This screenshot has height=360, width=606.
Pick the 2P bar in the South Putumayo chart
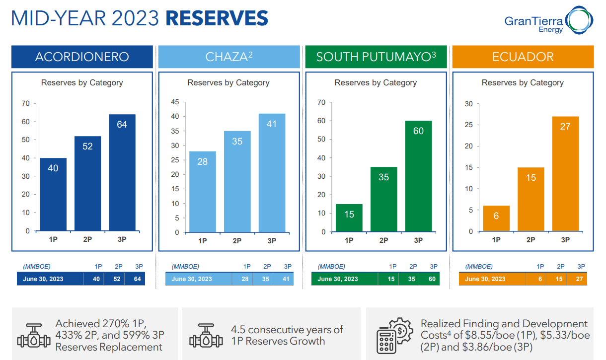coord(383,199)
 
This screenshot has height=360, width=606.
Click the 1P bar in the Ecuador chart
coord(496,218)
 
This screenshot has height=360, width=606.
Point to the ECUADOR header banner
coord(523,57)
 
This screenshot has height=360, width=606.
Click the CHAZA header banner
coord(229,57)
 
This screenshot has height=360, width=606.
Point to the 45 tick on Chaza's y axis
coord(175,102)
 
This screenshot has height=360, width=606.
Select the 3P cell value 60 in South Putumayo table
coord(432,279)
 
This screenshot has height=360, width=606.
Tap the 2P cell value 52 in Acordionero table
coord(117,279)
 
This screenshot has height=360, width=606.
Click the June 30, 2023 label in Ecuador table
coord(485,279)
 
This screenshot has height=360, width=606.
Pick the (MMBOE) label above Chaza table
coord(185,267)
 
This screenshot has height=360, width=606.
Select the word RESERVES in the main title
coord(217,18)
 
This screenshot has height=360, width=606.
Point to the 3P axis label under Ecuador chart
coord(565,240)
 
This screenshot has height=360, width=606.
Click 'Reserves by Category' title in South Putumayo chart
coord(376,82)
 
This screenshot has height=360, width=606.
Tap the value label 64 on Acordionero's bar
coord(122,125)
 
